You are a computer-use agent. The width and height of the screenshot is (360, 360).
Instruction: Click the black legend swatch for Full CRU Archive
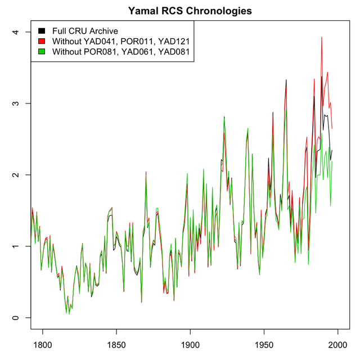[42, 30]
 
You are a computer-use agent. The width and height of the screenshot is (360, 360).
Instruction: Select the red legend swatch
[42, 41]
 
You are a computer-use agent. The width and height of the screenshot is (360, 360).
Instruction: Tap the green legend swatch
[42, 52]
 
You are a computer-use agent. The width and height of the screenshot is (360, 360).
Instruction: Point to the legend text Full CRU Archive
[85, 30]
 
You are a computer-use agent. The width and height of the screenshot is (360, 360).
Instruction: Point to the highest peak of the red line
[321, 37]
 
